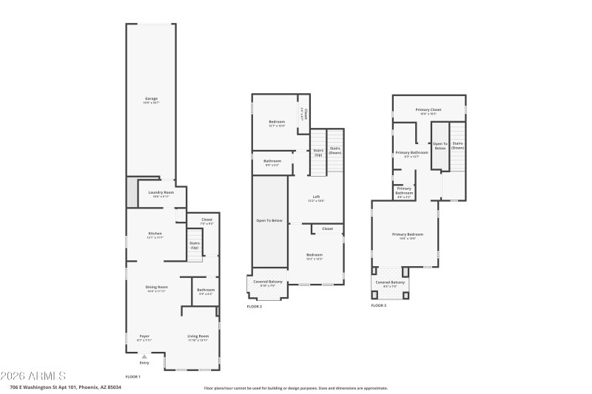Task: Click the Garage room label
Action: [151, 98]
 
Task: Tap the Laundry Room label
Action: [161, 193]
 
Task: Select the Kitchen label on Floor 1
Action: [155, 234]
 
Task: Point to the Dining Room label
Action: [156, 287]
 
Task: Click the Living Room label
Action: [198, 336]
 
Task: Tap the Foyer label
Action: [144, 336]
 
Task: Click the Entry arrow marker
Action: [144, 356]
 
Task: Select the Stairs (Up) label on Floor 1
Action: [195, 245]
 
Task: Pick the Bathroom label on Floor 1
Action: [206, 290]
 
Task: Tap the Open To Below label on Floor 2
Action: [269, 220]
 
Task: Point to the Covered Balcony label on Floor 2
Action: [267, 282]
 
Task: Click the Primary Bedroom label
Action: [403, 235]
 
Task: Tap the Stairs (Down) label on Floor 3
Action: [457, 145]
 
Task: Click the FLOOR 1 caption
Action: [132, 377]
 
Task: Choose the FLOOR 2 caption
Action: [254, 306]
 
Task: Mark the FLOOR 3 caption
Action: [379, 305]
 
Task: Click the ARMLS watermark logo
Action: [33, 376]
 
